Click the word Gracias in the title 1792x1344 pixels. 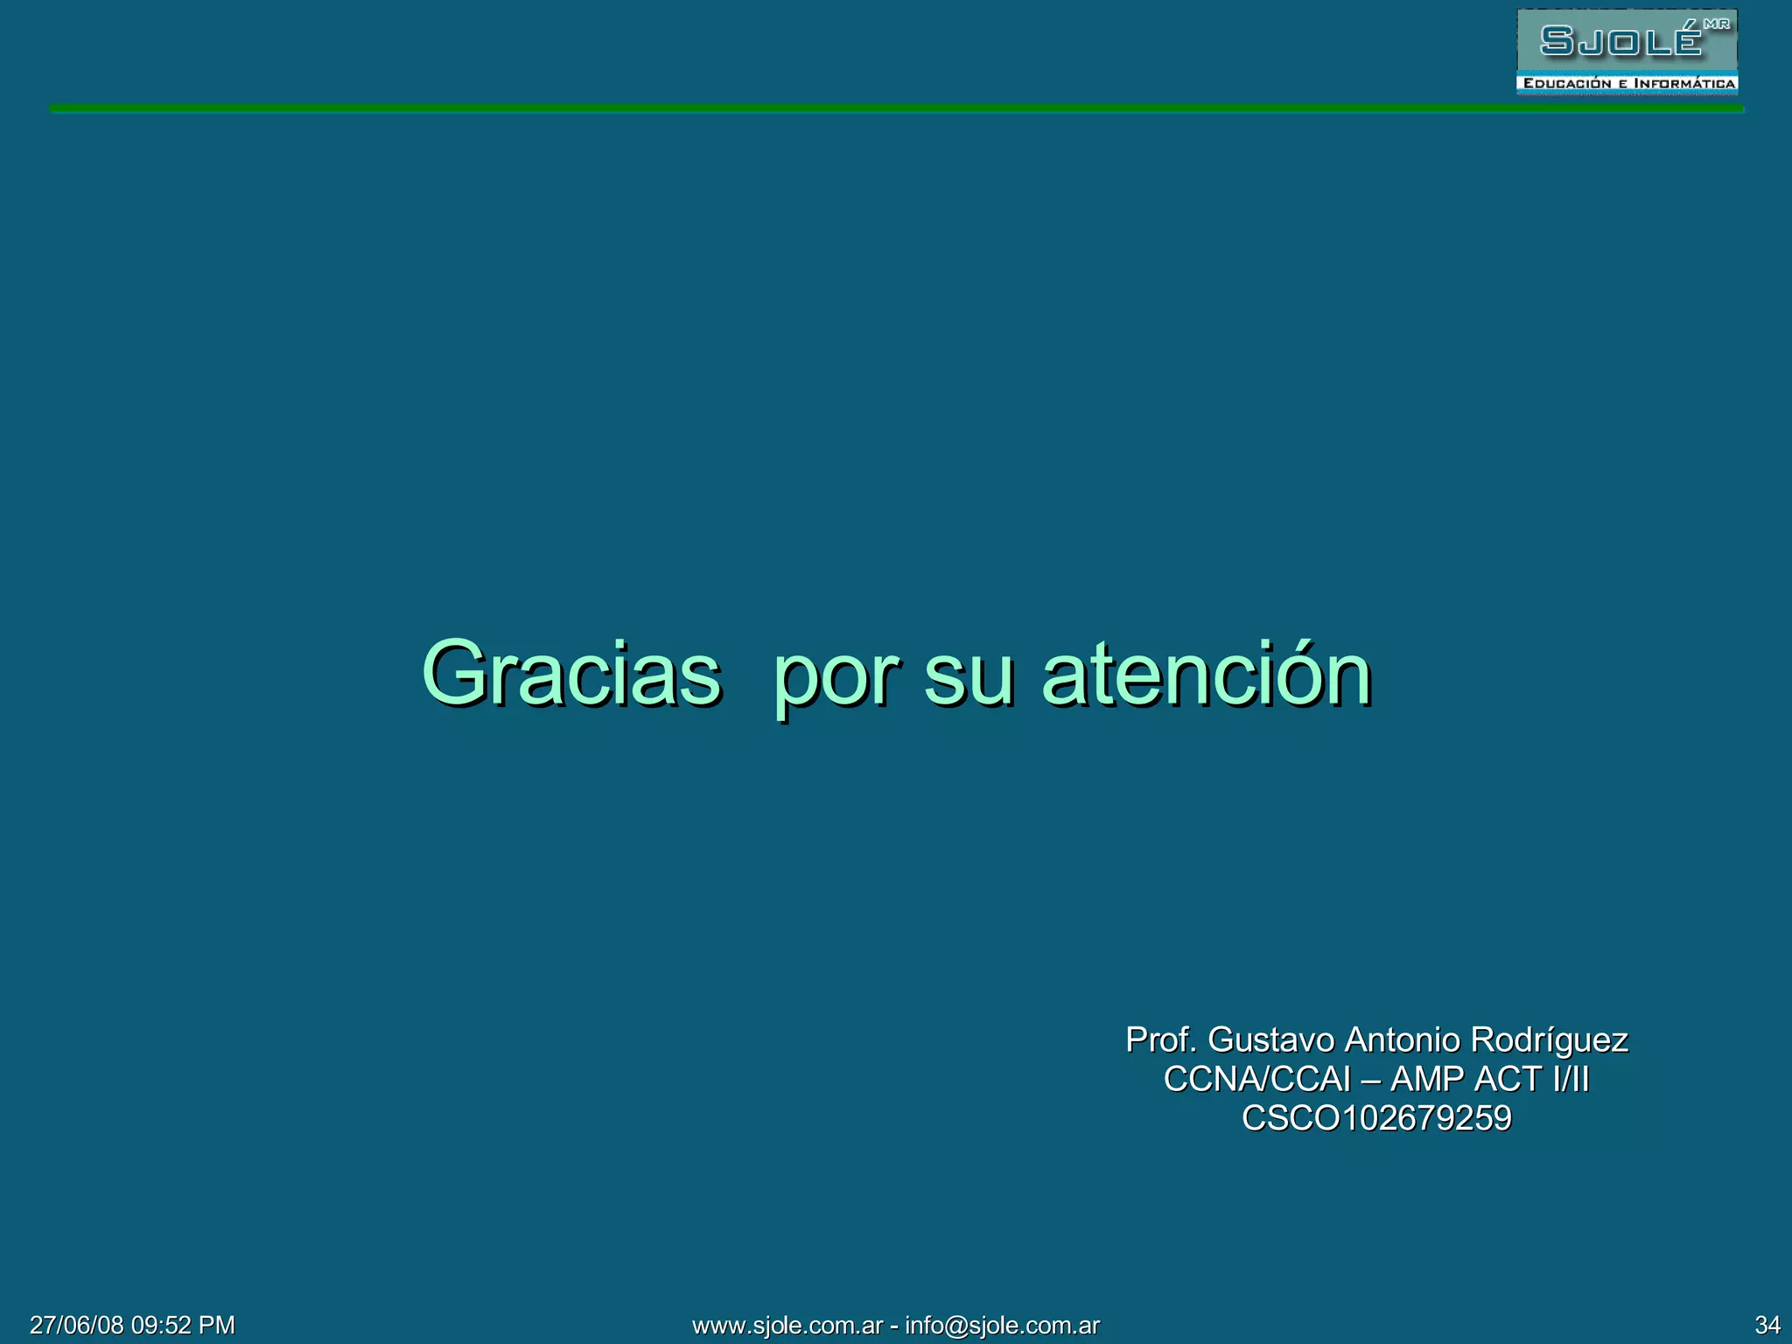(x=571, y=674)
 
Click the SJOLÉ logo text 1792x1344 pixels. (x=1621, y=40)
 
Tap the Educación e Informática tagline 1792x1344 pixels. (x=1628, y=84)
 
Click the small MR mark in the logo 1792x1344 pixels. (x=1717, y=24)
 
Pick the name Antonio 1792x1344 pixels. (x=1402, y=1040)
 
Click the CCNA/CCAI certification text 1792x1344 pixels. (x=1256, y=1080)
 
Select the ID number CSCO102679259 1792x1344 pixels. (x=1376, y=1118)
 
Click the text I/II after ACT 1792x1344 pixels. (x=1571, y=1080)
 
